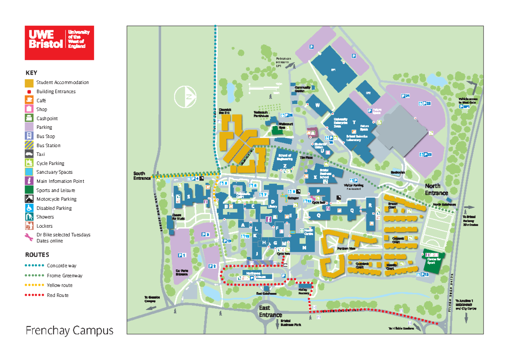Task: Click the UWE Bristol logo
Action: [59, 42]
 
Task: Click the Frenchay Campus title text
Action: [70, 330]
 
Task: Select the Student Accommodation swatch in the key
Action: [29, 82]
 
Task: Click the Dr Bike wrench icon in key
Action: [29, 237]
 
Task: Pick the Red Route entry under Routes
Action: [57, 295]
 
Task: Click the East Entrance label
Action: [270, 312]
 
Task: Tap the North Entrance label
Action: [436, 189]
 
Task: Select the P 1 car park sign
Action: [182, 255]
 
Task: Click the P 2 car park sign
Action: [213, 266]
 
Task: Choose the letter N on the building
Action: [304, 247]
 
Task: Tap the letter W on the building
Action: [317, 106]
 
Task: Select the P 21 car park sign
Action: [406, 97]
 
